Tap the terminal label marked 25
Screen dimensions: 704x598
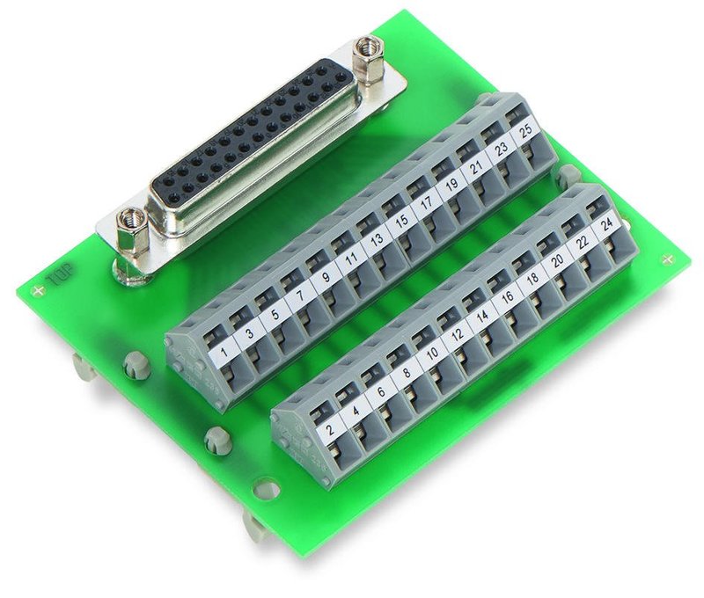point(525,131)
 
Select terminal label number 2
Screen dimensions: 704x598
point(331,429)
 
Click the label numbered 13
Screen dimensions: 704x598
point(378,239)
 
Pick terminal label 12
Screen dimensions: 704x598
point(458,335)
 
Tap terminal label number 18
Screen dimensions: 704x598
point(532,279)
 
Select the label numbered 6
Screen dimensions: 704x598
point(381,391)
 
